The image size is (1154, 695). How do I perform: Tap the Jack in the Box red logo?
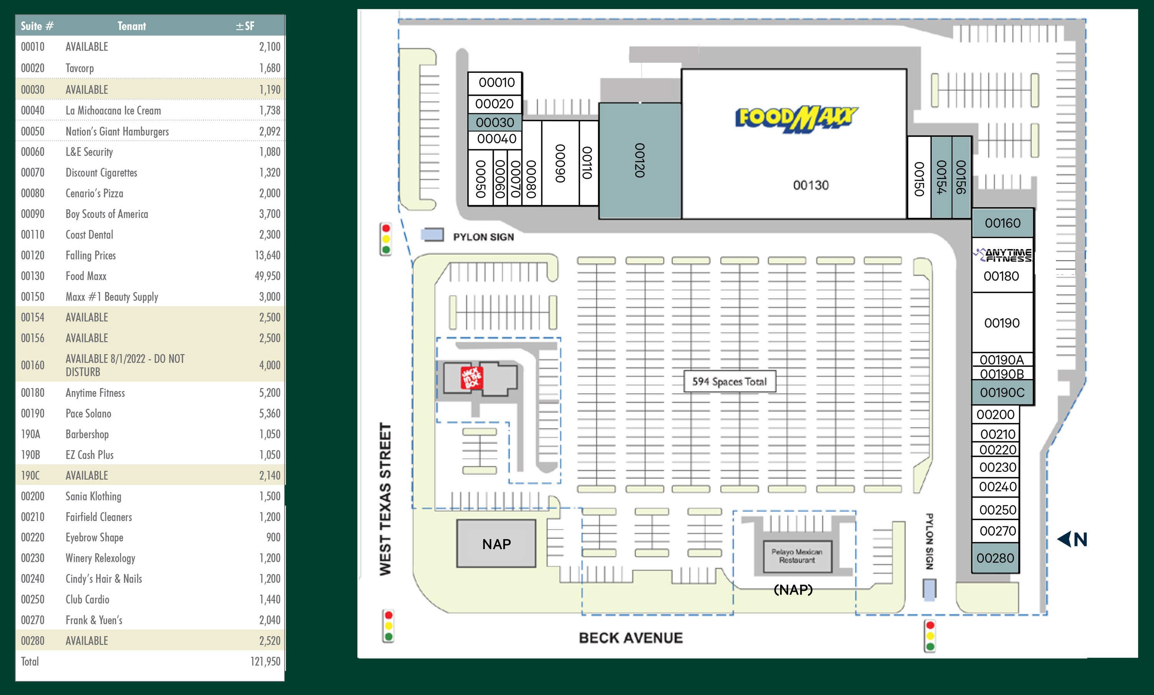472,377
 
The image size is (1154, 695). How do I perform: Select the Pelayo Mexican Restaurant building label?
797,556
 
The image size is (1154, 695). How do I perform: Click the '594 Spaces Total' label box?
729,381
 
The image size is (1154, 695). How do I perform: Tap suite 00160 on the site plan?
1003,223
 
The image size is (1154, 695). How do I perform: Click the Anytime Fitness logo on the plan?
1002,255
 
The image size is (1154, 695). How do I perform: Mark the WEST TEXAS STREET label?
385,499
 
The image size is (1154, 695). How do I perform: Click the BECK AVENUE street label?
630,638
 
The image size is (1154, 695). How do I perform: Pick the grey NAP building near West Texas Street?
496,544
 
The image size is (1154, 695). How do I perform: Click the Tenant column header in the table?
132,26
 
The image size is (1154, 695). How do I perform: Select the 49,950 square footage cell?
267,276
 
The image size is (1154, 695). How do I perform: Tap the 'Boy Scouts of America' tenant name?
107,214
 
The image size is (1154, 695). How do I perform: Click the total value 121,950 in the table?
265,661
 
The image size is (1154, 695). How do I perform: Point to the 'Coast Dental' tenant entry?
89,235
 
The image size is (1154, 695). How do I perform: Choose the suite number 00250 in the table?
33,600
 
